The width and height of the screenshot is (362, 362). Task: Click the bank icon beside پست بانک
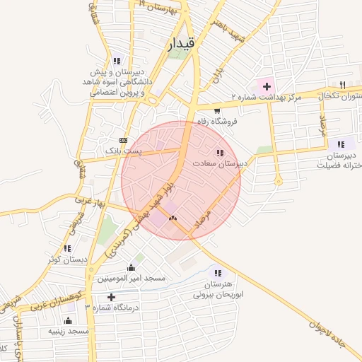tap(123, 140)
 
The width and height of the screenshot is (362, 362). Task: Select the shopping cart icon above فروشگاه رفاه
tap(216, 111)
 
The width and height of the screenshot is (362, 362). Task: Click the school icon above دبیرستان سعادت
tap(220, 153)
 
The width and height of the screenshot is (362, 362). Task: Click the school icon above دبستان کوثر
tap(67, 248)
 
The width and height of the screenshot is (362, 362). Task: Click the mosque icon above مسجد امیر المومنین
tap(131, 268)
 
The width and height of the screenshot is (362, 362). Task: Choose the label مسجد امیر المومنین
tap(131, 279)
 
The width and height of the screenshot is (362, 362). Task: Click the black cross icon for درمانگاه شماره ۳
tap(111, 297)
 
